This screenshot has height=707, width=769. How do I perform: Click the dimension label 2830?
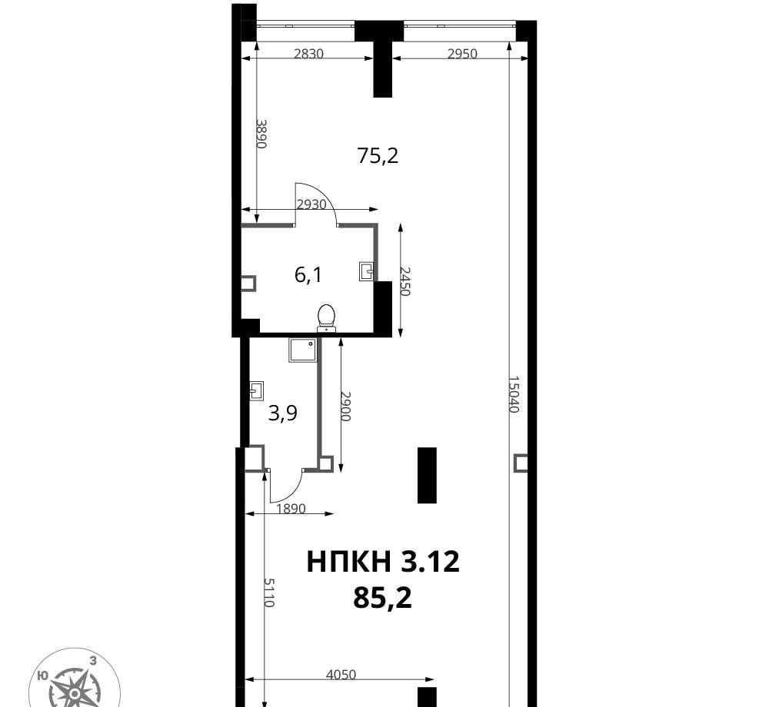pos(308,53)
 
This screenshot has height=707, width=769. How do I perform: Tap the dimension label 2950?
pos(462,53)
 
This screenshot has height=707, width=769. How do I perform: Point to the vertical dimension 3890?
pos(261,133)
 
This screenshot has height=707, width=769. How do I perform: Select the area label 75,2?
pos(378,156)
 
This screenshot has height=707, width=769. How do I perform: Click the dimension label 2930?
pos(311,204)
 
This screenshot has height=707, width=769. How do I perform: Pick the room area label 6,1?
pos(308,275)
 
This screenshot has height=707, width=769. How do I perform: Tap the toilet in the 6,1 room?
pos(327,317)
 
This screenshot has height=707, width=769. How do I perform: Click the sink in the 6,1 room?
pos(366,271)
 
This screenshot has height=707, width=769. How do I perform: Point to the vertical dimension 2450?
pos(404,280)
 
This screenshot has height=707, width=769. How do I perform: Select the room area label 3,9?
pos(283,413)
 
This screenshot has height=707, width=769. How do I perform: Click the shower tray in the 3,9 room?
pos(302,350)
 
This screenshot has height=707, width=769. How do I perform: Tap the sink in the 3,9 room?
pos(257,390)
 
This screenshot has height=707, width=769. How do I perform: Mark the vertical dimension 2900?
pos(345,407)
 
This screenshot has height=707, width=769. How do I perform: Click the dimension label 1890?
pos(291,509)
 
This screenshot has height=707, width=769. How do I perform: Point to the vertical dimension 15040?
pos(513,394)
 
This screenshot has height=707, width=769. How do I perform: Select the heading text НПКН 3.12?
pos(383,562)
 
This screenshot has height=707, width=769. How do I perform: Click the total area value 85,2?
pos(382,598)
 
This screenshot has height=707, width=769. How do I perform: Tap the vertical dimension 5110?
pos(268,592)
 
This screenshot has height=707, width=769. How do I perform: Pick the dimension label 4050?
pos(341,675)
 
